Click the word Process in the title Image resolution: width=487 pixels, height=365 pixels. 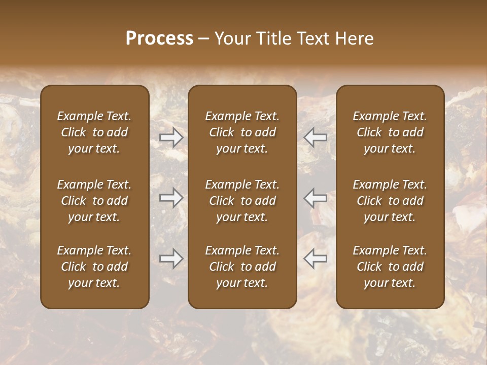click(159, 39)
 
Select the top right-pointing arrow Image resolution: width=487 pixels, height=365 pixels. click(171, 137)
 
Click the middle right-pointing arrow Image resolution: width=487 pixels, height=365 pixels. click(171, 198)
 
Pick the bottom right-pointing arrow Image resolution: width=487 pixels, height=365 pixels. click(171, 259)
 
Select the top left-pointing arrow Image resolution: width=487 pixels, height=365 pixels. click(316, 137)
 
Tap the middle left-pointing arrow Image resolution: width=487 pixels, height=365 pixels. click(316, 198)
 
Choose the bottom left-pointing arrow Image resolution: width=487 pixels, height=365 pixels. click(316, 259)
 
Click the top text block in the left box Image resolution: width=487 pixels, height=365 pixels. click(94, 132)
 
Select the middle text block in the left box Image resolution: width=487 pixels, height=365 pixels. click(94, 201)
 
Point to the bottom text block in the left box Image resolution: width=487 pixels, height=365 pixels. click(94, 267)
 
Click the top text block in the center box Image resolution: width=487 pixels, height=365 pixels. click(242, 132)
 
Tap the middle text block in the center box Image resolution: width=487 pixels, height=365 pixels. click(242, 201)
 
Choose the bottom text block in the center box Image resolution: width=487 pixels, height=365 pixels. click(242, 267)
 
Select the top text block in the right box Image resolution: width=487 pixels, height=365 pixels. click(390, 132)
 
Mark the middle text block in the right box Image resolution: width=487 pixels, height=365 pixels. click(390, 201)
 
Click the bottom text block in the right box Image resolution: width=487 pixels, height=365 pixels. click(390, 267)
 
